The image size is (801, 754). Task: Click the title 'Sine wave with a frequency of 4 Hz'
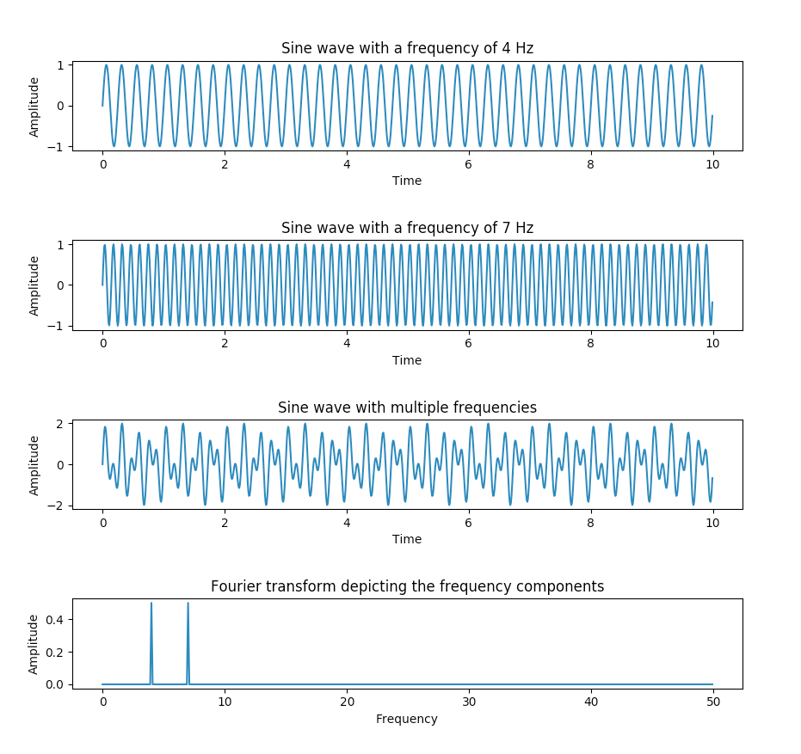pyautogui.click(x=407, y=49)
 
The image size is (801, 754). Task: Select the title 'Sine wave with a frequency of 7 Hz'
pyautogui.click(x=407, y=228)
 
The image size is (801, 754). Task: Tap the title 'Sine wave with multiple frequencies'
pyautogui.click(x=407, y=408)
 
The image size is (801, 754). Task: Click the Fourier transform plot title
pyautogui.click(x=407, y=586)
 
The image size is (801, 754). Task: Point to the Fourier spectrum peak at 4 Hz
pyautogui.click(x=151, y=604)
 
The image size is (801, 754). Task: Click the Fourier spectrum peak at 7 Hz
pyautogui.click(x=188, y=604)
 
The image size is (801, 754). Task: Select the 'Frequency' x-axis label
pyautogui.click(x=407, y=719)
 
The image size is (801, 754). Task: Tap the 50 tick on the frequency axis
pyautogui.click(x=712, y=702)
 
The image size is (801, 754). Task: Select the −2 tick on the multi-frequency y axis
pyautogui.click(x=57, y=506)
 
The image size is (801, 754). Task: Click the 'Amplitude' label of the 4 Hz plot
pyautogui.click(x=34, y=107)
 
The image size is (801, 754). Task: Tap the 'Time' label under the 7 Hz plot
pyautogui.click(x=407, y=360)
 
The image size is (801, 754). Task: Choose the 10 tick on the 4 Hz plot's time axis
pyautogui.click(x=712, y=164)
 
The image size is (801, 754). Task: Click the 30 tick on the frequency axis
pyautogui.click(x=468, y=702)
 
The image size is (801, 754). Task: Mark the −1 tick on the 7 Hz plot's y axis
pyautogui.click(x=57, y=326)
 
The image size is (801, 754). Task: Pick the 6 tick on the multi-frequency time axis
pyautogui.click(x=468, y=523)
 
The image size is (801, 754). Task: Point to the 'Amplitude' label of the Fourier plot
pyautogui.click(x=34, y=644)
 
